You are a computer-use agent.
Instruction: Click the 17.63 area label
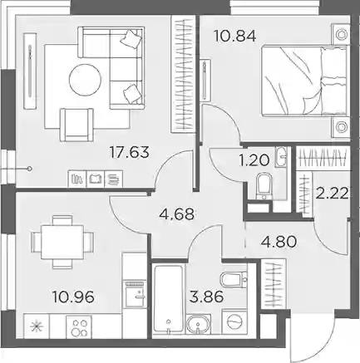[x=130, y=152]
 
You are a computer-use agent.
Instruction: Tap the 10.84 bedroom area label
[x=234, y=36]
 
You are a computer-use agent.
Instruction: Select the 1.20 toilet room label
[x=254, y=160]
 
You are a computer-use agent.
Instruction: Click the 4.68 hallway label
[x=176, y=214]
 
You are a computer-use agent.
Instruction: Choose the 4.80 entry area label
[x=279, y=242]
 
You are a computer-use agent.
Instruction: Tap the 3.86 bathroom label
[x=206, y=297]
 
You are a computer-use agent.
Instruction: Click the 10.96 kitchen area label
[x=73, y=297]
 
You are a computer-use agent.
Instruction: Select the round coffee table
[x=85, y=80]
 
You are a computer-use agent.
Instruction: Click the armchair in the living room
[x=76, y=125]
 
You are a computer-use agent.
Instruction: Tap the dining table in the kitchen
[x=62, y=242]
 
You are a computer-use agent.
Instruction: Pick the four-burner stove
[x=79, y=326]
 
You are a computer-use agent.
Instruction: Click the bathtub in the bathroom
[x=169, y=301]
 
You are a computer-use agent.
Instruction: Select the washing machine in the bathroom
[x=234, y=322]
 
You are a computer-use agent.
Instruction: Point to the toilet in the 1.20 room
[x=264, y=187]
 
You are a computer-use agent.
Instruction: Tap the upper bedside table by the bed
[x=340, y=34]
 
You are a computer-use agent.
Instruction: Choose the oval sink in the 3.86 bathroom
[x=198, y=326]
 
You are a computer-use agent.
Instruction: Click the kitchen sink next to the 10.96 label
[x=135, y=294]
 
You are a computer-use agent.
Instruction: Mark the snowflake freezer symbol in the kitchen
[x=37, y=326]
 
